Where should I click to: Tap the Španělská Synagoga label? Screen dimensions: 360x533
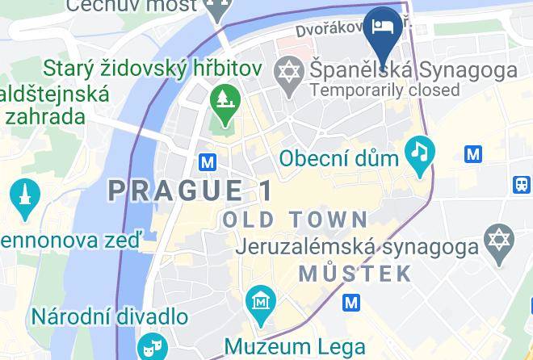(413, 70)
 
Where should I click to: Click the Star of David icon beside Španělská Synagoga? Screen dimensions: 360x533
(288, 69)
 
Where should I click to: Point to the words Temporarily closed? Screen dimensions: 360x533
(384, 90)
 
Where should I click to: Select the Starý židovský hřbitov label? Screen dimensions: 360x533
(153, 67)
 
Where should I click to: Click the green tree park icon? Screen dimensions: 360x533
(220, 101)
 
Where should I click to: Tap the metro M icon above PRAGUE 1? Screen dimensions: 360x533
(208, 162)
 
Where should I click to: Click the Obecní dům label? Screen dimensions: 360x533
(339, 158)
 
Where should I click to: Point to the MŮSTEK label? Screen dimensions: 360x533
(355, 273)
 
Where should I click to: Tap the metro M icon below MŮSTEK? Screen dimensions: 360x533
(351, 303)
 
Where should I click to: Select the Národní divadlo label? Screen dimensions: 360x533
(111, 315)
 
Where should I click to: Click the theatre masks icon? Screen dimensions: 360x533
(149, 348)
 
